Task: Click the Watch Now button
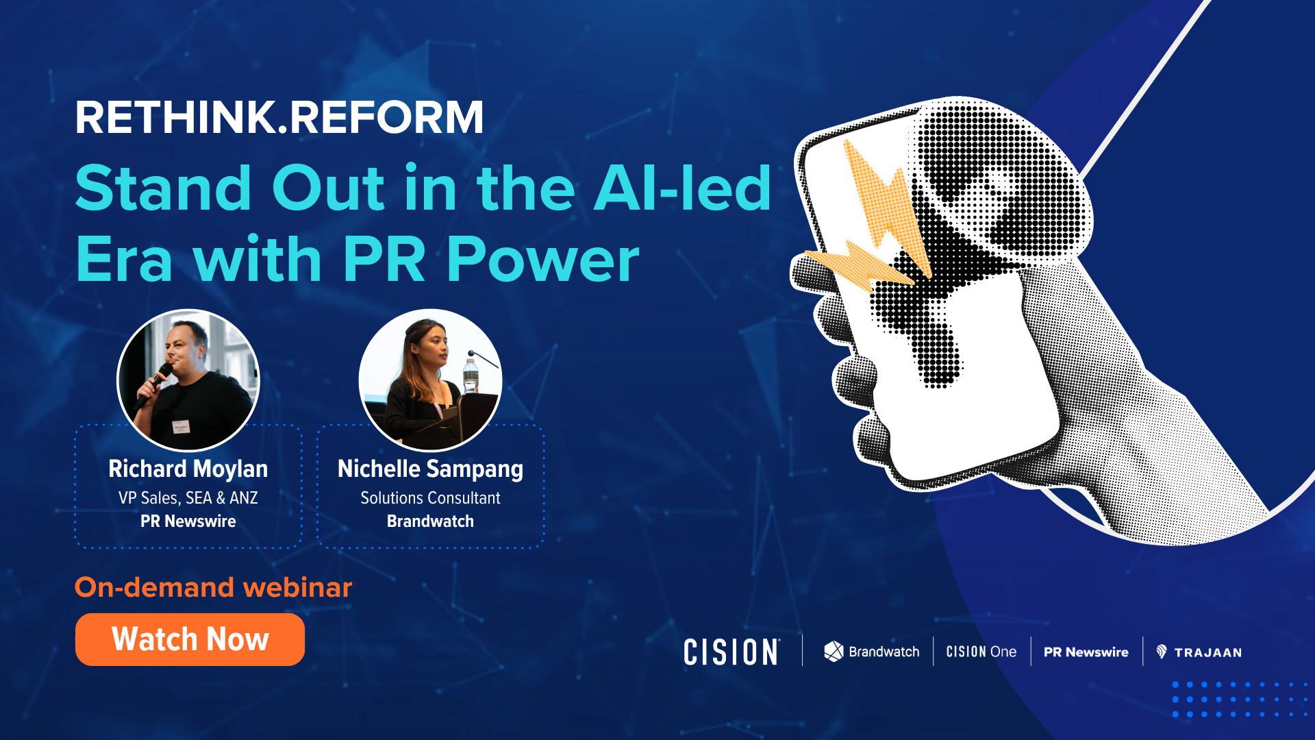pyautogui.click(x=190, y=639)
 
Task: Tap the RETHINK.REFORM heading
pyautogui.click(x=279, y=118)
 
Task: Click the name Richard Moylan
pyautogui.click(x=188, y=469)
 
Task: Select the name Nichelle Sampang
pyautogui.click(x=430, y=469)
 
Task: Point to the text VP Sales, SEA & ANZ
pyautogui.click(x=188, y=498)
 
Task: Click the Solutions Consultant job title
pyautogui.click(x=430, y=498)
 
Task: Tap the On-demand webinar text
pyautogui.click(x=213, y=587)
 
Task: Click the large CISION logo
pyautogui.click(x=731, y=652)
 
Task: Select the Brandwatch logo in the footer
pyautogui.click(x=871, y=652)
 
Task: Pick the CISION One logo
pyautogui.click(x=981, y=652)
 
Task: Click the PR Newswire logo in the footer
pyautogui.click(x=1086, y=652)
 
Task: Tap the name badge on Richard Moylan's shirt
pyautogui.click(x=181, y=426)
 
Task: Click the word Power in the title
pyautogui.click(x=542, y=260)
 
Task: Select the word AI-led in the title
pyautogui.click(x=682, y=188)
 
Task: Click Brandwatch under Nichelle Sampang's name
pyautogui.click(x=430, y=521)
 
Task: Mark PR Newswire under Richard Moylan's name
pyautogui.click(x=188, y=521)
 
